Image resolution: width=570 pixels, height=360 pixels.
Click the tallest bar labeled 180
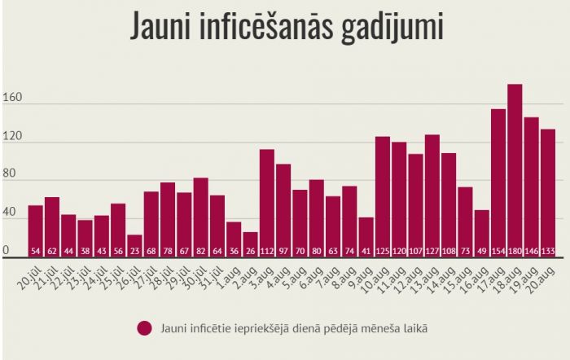(x=515, y=171)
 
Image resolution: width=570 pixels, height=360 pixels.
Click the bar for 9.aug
(x=366, y=237)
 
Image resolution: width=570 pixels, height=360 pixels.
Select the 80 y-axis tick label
(x=10, y=178)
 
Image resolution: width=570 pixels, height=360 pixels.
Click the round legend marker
(x=146, y=327)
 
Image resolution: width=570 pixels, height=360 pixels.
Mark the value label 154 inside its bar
(x=498, y=250)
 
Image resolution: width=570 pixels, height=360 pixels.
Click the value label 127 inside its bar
(x=432, y=250)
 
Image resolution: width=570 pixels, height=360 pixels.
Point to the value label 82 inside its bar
(x=200, y=250)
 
